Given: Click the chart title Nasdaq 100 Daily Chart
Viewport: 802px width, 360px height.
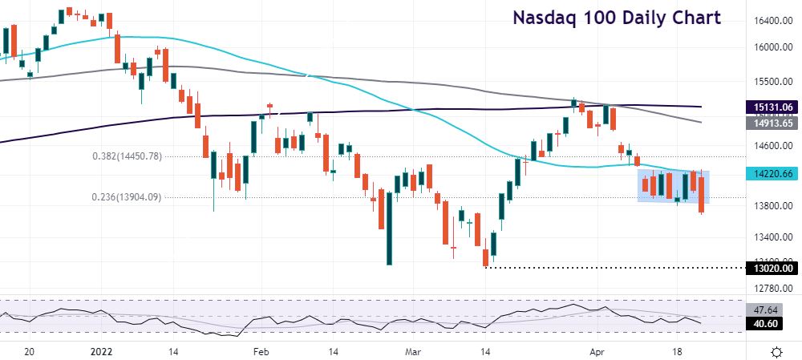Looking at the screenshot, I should [x=617, y=18].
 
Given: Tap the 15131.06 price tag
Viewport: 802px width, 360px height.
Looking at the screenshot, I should [x=773, y=107].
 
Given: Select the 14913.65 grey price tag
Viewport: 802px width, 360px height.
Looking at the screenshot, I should [x=773, y=123].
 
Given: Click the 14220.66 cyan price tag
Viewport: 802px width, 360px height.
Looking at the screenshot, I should [x=773, y=173].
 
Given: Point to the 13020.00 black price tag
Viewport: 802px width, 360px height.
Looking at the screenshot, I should [x=773, y=268].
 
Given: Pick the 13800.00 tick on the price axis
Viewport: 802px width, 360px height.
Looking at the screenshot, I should [x=773, y=206].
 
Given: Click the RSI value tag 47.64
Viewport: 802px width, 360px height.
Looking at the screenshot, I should [x=773, y=308].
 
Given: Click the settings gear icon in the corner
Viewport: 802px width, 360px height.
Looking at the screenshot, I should [x=776, y=352].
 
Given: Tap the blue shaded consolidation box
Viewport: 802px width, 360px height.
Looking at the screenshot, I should [x=673, y=186].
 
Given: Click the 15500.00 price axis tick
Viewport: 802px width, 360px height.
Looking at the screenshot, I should [x=773, y=82].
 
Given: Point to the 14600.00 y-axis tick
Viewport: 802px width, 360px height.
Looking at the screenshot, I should [x=773, y=146].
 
